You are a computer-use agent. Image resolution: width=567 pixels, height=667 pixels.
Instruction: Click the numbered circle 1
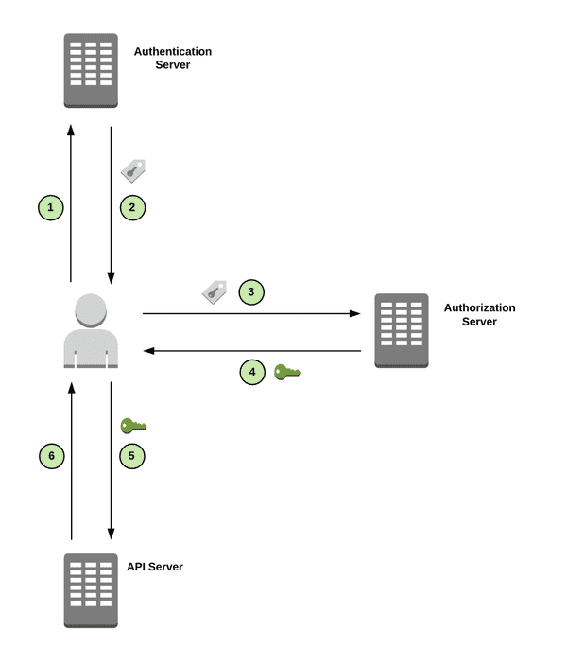point(51,206)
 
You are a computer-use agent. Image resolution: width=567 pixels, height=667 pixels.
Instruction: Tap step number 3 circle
point(251,292)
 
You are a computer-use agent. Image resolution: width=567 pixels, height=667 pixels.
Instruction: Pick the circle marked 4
point(252,373)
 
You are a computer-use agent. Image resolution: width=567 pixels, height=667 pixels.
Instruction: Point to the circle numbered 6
point(51,456)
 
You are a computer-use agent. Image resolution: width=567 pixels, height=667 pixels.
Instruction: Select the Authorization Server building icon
point(402,330)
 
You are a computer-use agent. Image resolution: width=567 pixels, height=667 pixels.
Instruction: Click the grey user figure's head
point(91,310)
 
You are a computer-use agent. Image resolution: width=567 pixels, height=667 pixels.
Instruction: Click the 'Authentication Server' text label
point(173,58)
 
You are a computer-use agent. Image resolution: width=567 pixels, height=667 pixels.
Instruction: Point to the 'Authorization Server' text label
point(479,314)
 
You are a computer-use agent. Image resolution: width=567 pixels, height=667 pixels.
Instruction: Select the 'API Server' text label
point(154,567)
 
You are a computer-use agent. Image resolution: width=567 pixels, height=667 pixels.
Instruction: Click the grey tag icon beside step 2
point(133,170)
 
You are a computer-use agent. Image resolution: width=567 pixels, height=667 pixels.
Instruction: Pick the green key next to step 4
point(286,373)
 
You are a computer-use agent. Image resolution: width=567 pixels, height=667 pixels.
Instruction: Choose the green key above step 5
point(133,426)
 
